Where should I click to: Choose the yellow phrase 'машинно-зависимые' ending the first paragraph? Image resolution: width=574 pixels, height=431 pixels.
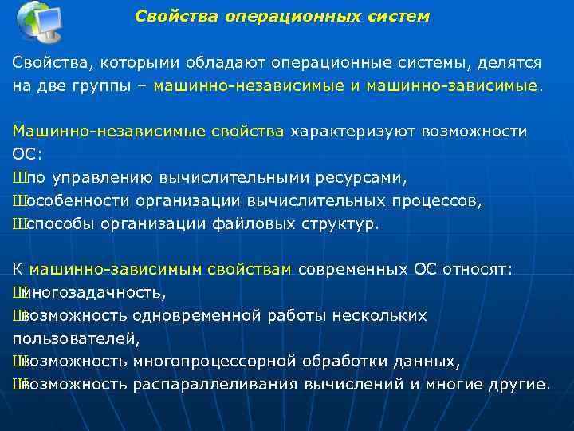click(x=452, y=85)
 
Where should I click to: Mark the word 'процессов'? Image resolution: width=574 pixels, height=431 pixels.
click(x=441, y=200)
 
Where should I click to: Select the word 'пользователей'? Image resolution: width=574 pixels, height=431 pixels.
click(x=75, y=339)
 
